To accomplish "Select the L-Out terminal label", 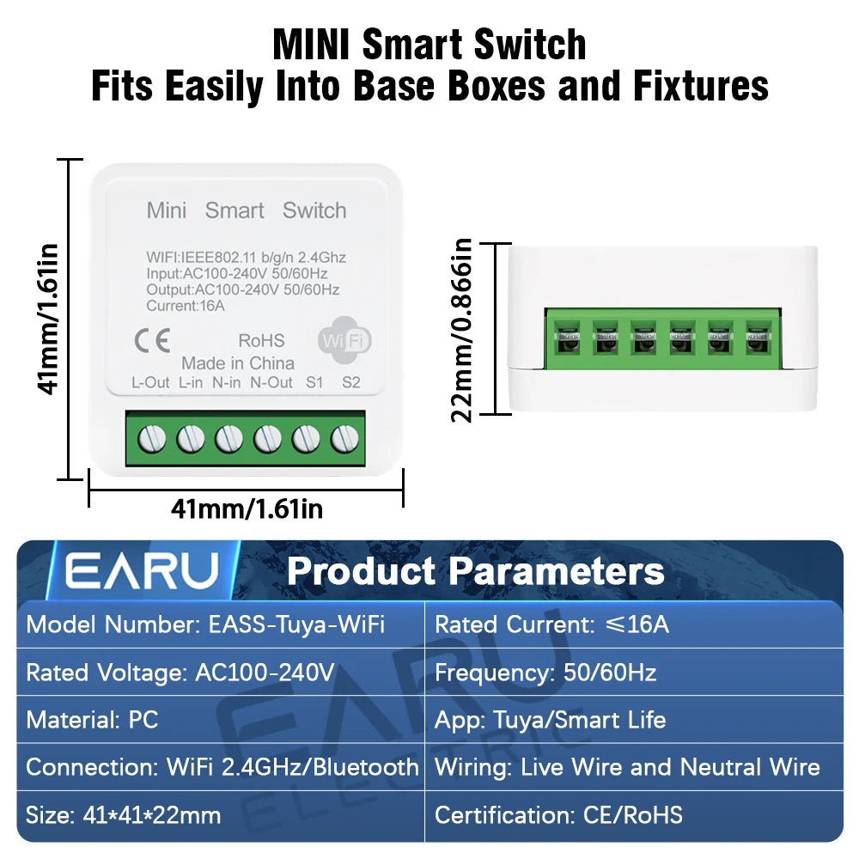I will (150, 383).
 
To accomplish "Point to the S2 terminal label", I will (351, 383).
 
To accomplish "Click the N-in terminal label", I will (226, 383).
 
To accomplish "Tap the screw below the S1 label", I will (305, 439).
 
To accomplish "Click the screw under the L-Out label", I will (152, 439).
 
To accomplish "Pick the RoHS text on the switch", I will (260, 341).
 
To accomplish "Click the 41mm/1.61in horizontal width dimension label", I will (247, 509).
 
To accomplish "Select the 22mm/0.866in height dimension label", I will (464, 330).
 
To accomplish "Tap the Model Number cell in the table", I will (206, 624).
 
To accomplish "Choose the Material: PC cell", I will (93, 719).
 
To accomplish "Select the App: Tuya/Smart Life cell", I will (551, 719).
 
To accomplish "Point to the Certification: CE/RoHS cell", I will (559, 814).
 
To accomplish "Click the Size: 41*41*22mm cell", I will (124, 814).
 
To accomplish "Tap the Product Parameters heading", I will (475, 571).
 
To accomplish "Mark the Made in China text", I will (238, 363).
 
